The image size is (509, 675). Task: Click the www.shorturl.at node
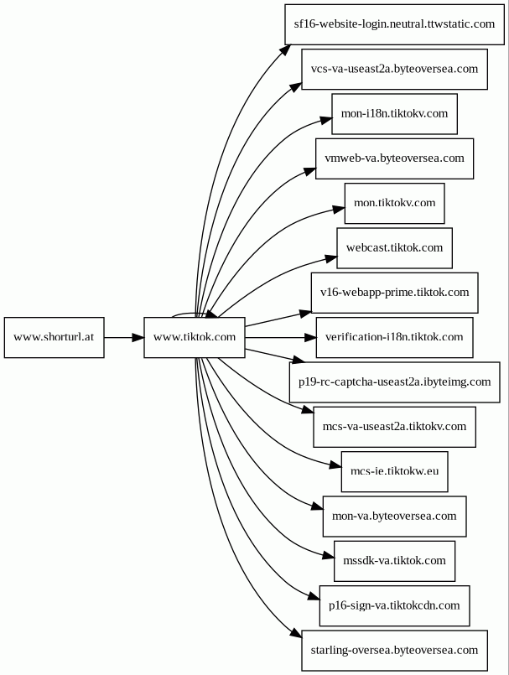(55, 337)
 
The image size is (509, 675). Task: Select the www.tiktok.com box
(195, 337)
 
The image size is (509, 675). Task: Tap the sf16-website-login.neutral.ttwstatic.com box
(394, 24)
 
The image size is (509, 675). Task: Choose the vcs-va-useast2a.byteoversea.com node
(394, 69)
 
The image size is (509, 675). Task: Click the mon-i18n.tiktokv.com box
(394, 114)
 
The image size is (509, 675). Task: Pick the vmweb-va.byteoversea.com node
(394, 158)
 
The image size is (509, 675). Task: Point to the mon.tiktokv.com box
(394, 203)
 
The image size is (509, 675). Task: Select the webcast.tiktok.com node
(394, 248)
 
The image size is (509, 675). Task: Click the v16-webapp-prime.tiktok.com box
(394, 293)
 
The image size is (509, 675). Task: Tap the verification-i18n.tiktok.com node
(394, 337)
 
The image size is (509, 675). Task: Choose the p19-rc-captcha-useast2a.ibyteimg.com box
(394, 382)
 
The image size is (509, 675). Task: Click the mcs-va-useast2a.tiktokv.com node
(394, 427)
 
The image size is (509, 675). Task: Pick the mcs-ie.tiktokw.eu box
(394, 472)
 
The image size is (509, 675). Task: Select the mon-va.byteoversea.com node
(394, 517)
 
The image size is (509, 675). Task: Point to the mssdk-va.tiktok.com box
(394, 561)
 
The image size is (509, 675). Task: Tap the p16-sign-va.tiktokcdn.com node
(394, 606)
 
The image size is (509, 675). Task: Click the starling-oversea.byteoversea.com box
(394, 651)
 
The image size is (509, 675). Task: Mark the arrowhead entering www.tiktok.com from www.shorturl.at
(138, 337)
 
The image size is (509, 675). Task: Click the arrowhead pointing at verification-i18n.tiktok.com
(310, 337)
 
